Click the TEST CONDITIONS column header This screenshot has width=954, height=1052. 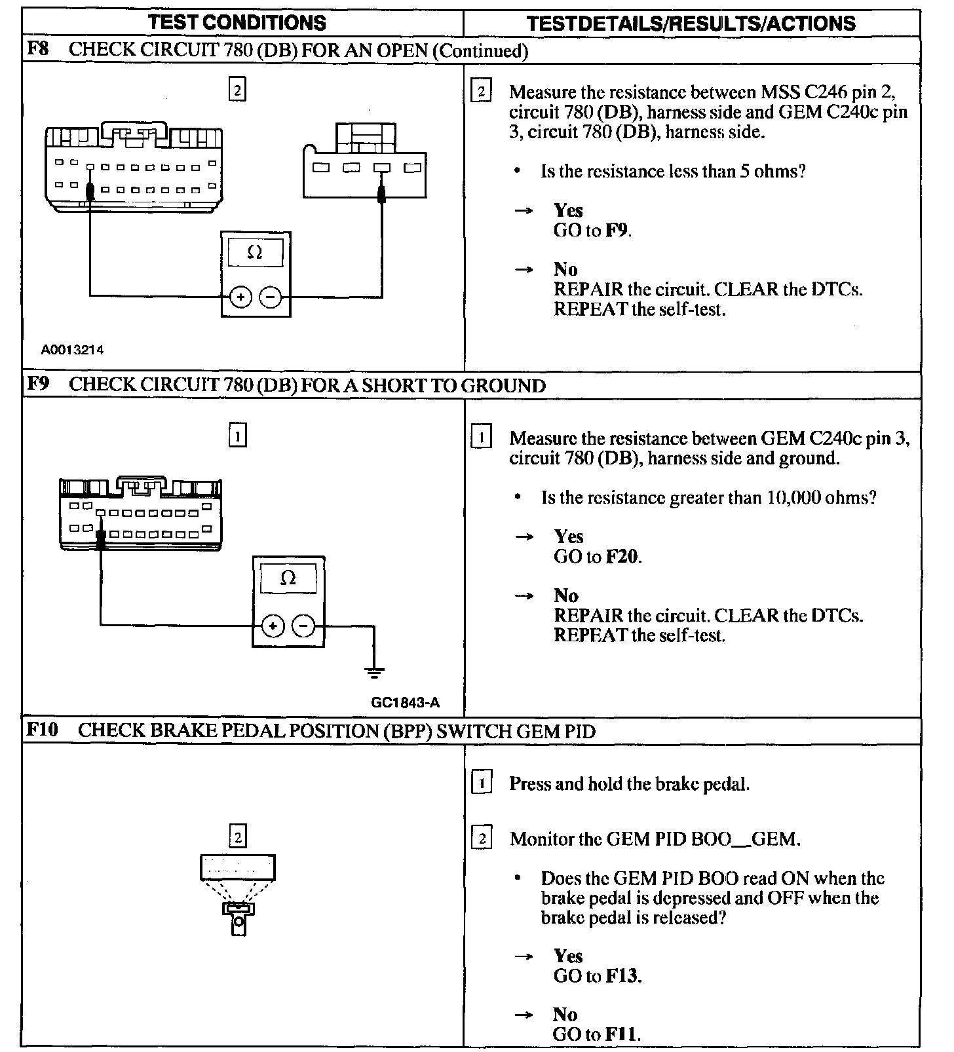click(x=237, y=23)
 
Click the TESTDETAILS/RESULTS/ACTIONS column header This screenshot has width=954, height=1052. click(x=691, y=24)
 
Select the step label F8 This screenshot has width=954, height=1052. click(x=38, y=50)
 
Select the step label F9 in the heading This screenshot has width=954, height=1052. click(x=38, y=385)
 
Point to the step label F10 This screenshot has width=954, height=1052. click(x=42, y=730)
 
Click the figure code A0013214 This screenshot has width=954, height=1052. click(x=72, y=350)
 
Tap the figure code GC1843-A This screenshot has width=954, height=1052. click(x=405, y=703)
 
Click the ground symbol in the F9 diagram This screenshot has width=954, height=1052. click(x=374, y=672)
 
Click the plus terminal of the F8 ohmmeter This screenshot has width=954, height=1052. click(x=241, y=297)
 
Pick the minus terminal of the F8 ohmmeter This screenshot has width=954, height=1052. click(x=270, y=297)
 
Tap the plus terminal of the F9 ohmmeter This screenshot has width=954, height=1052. click(x=273, y=626)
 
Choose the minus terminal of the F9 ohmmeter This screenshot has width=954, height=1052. click(x=303, y=626)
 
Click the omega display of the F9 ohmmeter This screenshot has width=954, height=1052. click(x=288, y=578)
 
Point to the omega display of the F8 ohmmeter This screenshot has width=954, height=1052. click(x=256, y=253)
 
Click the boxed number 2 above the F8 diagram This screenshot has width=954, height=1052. click(x=237, y=89)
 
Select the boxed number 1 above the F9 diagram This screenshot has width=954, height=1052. click(x=237, y=435)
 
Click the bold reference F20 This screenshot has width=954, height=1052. click(x=622, y=557)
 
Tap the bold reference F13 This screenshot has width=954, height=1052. click(x=622, y=976)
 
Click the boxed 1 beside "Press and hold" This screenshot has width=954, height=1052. click(x=482, y=783)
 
